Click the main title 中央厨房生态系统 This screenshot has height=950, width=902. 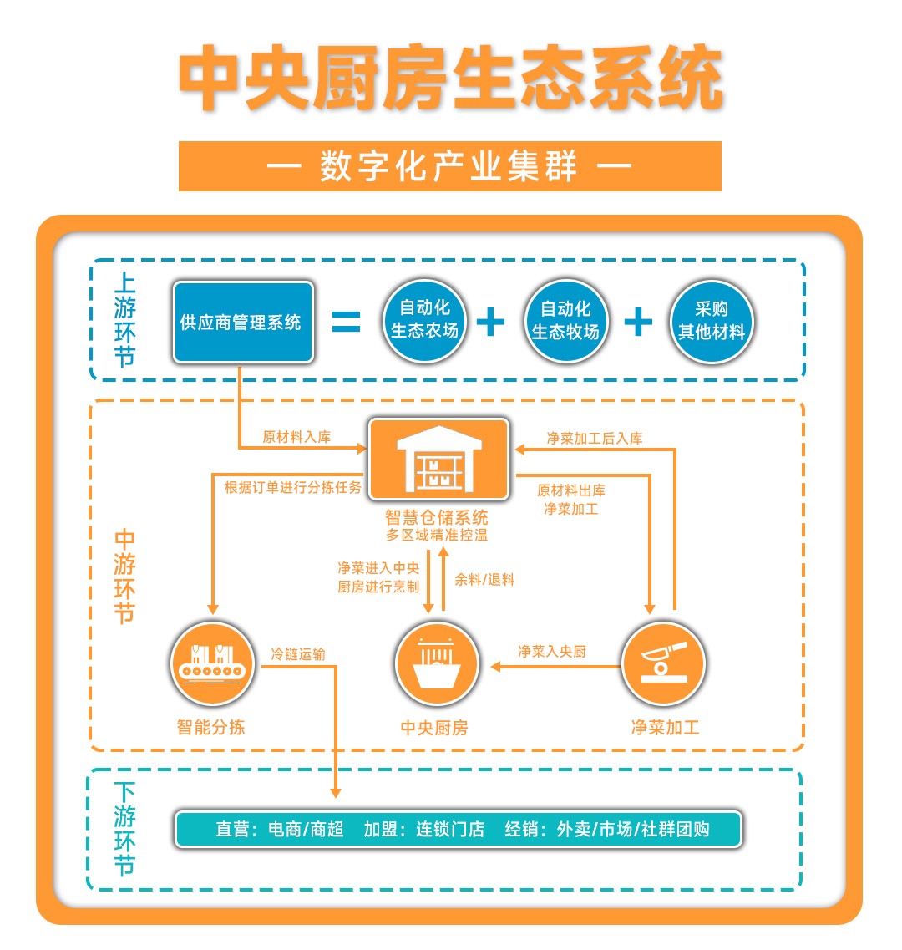(450, 79)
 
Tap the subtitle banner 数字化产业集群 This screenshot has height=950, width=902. (449, 166)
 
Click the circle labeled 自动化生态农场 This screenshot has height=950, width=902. (424, 321)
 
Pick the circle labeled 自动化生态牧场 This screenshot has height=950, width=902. (565, 321)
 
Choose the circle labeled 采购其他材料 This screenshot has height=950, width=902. (711, 321)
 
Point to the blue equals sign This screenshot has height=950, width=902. (346, 322)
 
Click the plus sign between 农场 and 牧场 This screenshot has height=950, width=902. (491, 322)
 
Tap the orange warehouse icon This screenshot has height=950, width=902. (439, 460)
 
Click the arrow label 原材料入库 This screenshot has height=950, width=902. (296, 437)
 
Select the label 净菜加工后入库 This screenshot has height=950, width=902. (595, 438)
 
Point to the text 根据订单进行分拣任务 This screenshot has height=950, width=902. (292, 487)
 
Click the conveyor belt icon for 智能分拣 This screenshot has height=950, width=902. (212, 665)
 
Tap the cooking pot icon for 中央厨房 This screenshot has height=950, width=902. (436, 665)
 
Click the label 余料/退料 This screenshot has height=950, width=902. (484, 579)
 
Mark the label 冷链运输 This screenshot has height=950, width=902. (298, 654)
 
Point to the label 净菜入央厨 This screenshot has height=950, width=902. (552, 651)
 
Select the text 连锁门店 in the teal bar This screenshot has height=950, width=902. (450, 829)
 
